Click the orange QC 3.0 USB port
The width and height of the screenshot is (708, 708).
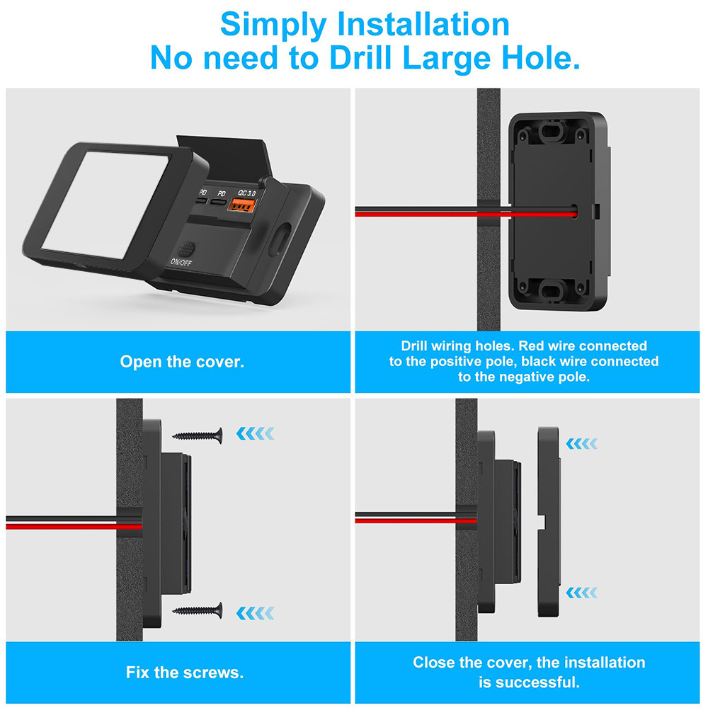242,205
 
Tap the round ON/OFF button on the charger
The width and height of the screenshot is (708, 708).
186,249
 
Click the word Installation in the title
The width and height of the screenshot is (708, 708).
423,25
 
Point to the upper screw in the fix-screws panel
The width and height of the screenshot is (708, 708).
198,435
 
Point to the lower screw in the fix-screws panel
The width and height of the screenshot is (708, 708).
198,610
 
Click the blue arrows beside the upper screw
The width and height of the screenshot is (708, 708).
255,433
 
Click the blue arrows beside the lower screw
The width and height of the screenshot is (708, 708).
255,613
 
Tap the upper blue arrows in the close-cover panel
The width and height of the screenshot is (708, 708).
581,443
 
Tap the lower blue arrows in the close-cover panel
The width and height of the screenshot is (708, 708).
581,593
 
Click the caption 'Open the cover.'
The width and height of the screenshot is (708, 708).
182,362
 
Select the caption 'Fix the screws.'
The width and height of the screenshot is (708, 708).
185,673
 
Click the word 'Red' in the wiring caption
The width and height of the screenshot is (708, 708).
528,346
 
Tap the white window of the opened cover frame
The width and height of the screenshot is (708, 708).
106,205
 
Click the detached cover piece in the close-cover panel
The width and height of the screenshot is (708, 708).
549,522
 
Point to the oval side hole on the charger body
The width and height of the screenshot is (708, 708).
280,238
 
